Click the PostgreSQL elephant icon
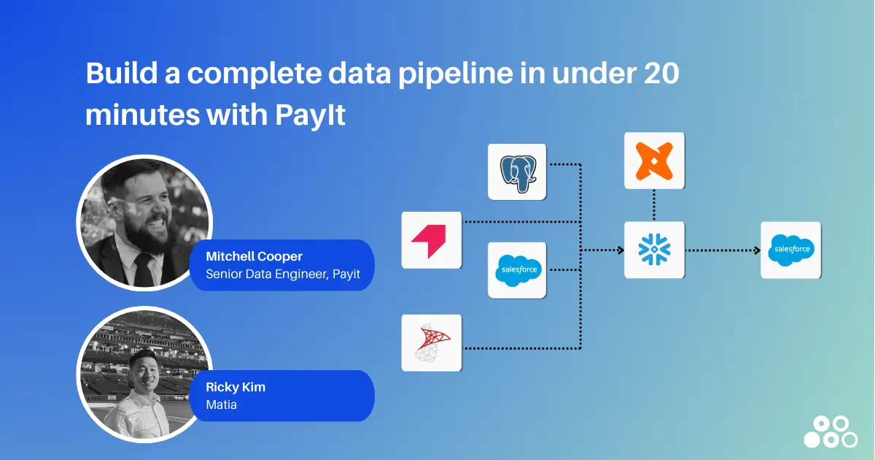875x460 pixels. [517, 172]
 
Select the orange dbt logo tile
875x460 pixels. [654, 161]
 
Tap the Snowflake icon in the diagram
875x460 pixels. [654, 250]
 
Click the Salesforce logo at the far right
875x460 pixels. [790, 250]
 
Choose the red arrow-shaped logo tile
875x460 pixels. [432, 240]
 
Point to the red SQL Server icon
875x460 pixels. [432, 342]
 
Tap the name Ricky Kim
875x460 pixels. [236, 387]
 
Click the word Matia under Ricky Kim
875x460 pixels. [222, 405]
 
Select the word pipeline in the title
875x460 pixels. [458, 74]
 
